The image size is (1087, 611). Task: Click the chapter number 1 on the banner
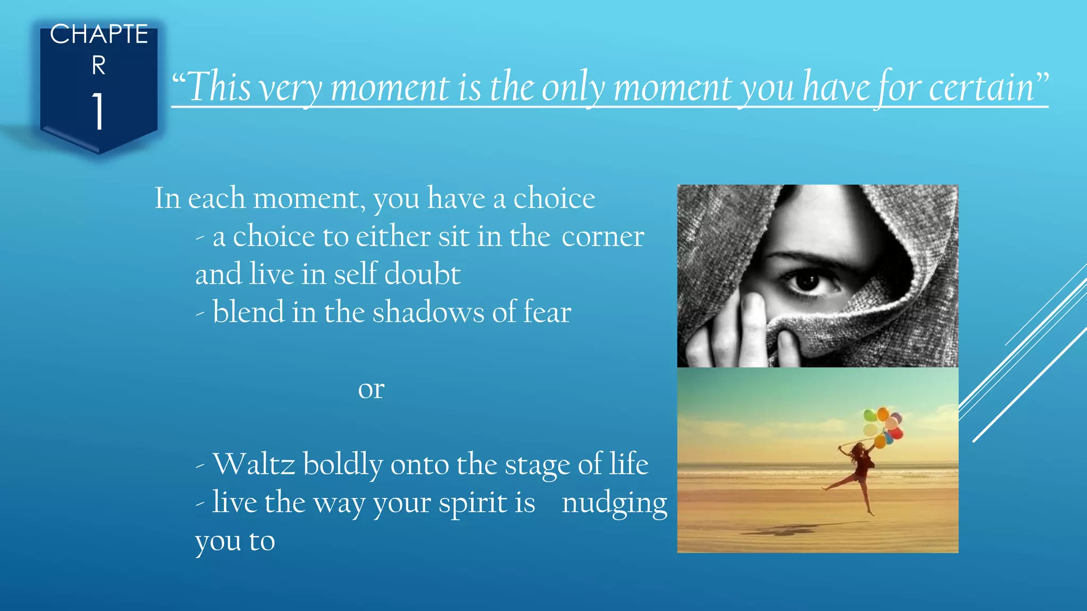pyautogui.click(x=98, y=111)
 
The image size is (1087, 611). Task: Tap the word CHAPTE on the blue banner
pyautogui.click(x=99, y=34)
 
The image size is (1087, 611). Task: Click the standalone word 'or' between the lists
pyautogui.click(x=371, y=389)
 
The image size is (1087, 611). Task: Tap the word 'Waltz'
pyautogui.click(x=253, y=464)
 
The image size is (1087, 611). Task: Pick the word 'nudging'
pyautogui.click(x=614, y=503)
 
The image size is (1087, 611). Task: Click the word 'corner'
pyautogui.click(x=602, y=237)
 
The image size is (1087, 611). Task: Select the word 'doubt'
pyautogui.click(x=422, y=274)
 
